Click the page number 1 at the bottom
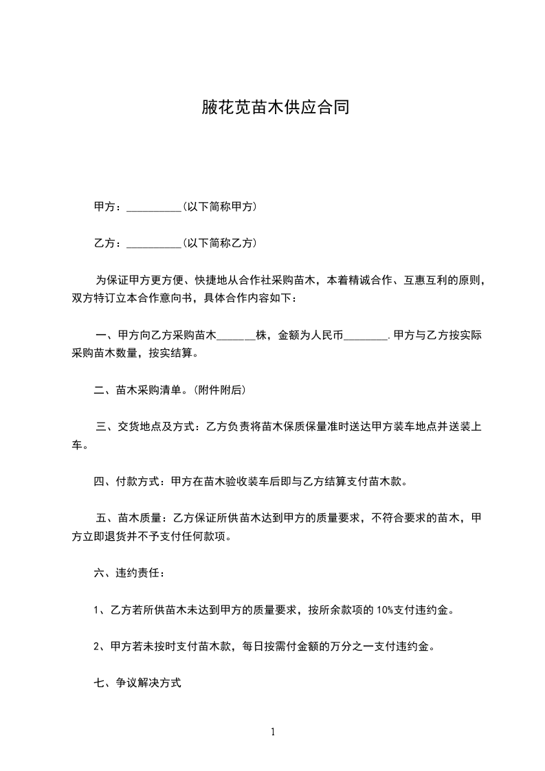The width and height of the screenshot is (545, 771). (x=273, y=732)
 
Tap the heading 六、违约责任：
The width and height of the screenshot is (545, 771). (x=129, y=572)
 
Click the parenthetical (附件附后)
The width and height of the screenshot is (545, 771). (x=219, y=390)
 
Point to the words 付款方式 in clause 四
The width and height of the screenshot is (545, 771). (x=140, y=482)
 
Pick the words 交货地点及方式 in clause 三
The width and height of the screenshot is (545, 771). (x=158, y=427)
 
